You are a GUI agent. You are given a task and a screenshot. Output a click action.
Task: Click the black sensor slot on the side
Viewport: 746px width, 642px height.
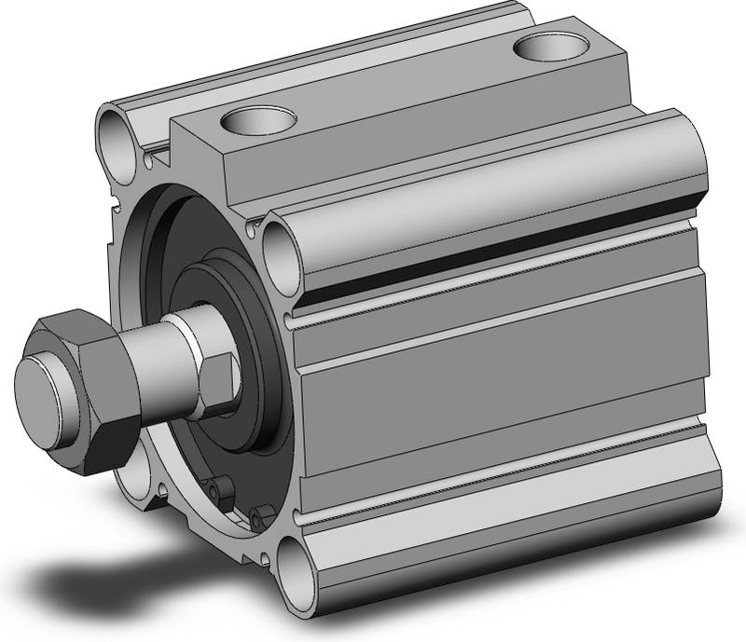[x=504, y=247]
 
